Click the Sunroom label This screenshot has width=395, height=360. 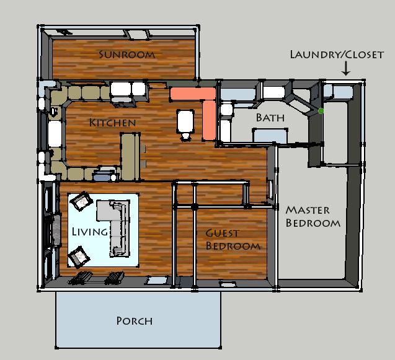pyautogui.click(x=126, y=55)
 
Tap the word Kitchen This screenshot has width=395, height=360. pyautogui.click(x=113, y=123)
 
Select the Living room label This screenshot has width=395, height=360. pyautogui.click(x=90, y=232)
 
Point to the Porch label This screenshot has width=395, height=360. pyautogui.click(x=135, y=321)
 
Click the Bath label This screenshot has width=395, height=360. pyautogui.click(x=270, y=118)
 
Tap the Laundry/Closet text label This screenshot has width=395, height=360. pyautogui.click(x=337, y=55)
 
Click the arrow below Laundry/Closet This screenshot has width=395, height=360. pyautogui.click(x=346, y=69)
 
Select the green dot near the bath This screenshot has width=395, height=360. pyautogui.click(x=321, y=111)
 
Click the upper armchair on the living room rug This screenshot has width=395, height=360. pyautogui.click(x=81, y=201)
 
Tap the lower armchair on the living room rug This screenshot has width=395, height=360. pyautogui.click(x=79, y=257)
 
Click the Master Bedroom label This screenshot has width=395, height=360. pyautogui.click(x=313, y=216)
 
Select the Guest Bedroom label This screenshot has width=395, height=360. pyautogui.click(x=233, y=239)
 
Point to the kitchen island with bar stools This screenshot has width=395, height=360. pyautogui.click(x=130, y=157)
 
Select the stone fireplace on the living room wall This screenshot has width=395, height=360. pyautogui.click(x=56, y=230)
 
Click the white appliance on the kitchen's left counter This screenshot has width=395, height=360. pyautogui.click(x=55, y=133)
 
